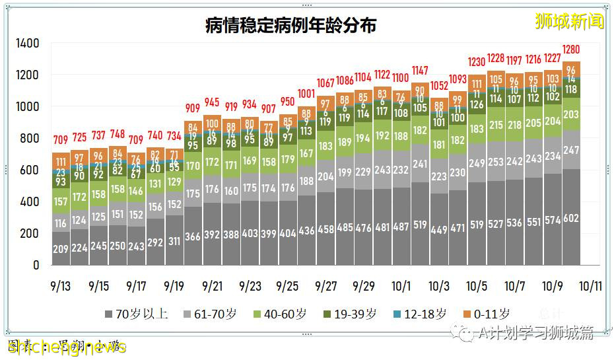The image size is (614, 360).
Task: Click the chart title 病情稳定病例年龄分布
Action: click(x=290, y=25)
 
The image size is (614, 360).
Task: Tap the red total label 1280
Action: click(x=571, y=50)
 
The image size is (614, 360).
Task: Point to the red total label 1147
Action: click(x=420, y=71)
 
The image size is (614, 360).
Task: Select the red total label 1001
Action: click(x=306, y=94)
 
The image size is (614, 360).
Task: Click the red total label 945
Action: click(x=212, y=102)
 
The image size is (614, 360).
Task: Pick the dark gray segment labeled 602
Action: click(x=571, y=218)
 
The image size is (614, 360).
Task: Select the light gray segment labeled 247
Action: click(x=571, y=151)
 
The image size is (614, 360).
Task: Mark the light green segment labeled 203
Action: click(x=571, y=115)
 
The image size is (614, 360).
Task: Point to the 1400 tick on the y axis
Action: click(x=28, y=44)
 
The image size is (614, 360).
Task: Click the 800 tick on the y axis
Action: click(x=30, y=139)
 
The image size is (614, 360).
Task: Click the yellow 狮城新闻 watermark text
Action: click(x=570, y=21)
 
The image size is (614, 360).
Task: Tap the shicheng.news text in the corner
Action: click(x=66, y=347)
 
